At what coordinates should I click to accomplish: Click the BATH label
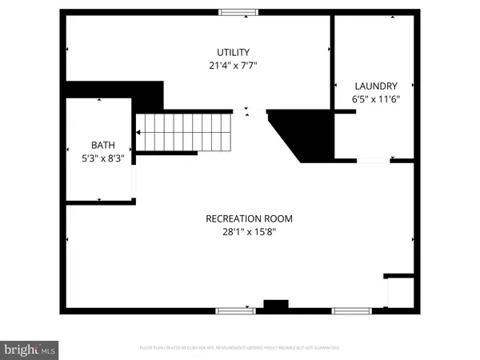click(x=102, y=145)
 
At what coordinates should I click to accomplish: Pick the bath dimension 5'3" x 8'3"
click(x=102, y=158)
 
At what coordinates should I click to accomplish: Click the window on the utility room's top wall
click(x=238, y=12)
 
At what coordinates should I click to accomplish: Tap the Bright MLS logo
click(x=30, y=349)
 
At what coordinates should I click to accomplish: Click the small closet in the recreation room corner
click(x=399, y=290)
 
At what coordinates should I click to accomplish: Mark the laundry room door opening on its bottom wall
click(x=373, y=161)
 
